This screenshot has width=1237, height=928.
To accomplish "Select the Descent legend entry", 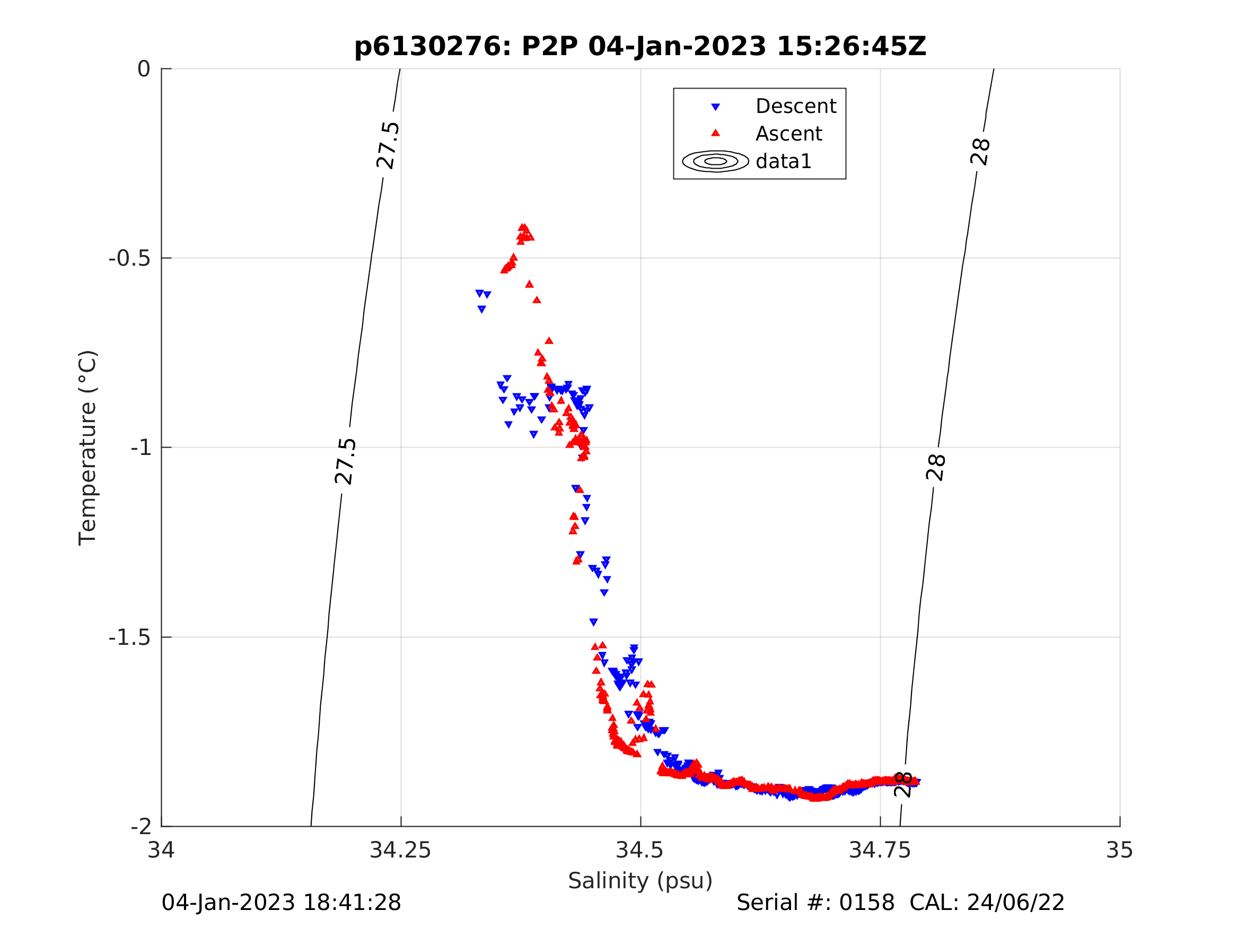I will tap(796, 106).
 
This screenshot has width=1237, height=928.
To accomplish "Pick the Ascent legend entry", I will tap(788, 134).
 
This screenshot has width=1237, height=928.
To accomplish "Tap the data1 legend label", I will tap(783, 162).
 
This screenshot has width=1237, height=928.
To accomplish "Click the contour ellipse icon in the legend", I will tap(715, 161).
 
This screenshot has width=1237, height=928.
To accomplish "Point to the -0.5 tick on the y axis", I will tap(130, 258).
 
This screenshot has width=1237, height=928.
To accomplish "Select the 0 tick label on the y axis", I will tap(144, 69).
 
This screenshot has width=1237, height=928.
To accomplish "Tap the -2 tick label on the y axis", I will tap(141, 826).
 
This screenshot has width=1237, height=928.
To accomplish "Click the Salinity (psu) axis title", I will tap(641, 880).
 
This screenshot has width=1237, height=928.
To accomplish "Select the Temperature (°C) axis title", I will tap(88, 448).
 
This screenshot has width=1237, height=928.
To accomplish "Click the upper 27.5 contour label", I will tap(388, 145).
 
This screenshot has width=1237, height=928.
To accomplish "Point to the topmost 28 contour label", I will tap(980, 152).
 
